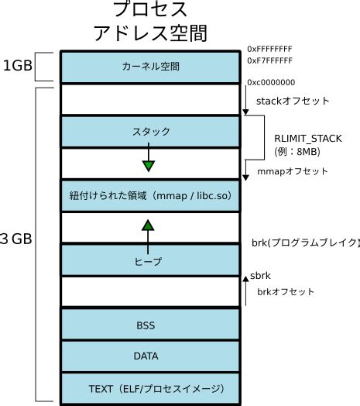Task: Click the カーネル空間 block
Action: tap(149, 67)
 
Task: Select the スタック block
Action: tap(149, 132)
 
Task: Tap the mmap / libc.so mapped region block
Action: tap(149, 196)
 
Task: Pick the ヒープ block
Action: tap(149, 261)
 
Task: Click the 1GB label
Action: tap(17, 66)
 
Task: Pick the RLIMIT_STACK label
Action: tap(308, 138)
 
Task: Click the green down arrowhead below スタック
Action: tap(149, 164)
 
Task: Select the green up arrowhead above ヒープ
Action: tap(149, 225)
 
